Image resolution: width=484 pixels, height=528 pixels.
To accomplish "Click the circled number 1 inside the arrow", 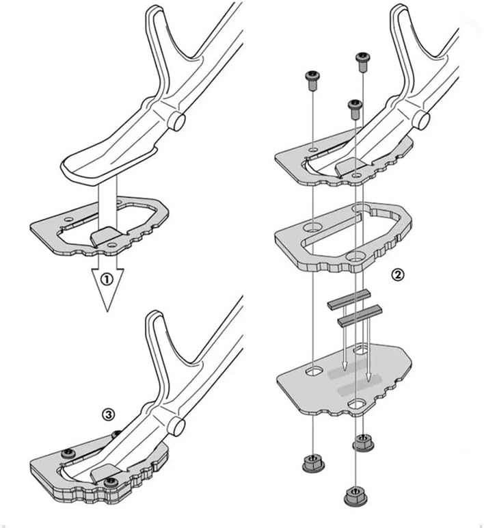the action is [x=107, y=280].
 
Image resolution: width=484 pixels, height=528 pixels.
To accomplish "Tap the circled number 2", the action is [x=397, y=275].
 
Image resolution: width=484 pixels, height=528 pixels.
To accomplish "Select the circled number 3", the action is [x=109, y=414].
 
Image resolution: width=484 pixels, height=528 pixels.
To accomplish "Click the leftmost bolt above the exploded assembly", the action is [x=312, y=81].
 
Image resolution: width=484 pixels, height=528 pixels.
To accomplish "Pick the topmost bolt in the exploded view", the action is [x=363, y=62].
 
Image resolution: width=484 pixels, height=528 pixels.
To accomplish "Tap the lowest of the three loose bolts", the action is [x=355, y=109].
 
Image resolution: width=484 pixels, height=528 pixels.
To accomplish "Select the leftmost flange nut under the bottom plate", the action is [x=314, y=463].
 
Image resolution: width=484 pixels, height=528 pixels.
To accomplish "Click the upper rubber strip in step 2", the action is [x=349, y=300].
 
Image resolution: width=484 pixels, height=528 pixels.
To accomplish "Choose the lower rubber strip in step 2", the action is [x=360, y=315].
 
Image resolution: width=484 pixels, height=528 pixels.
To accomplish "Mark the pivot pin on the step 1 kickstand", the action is [x=176, y=122].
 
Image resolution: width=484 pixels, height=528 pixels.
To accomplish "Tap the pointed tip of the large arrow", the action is [x=107, y=311].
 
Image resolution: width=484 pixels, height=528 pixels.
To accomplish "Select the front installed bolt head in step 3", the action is [x=111, y=483].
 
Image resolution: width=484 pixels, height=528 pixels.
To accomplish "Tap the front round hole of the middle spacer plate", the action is [x=355, y=258].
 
